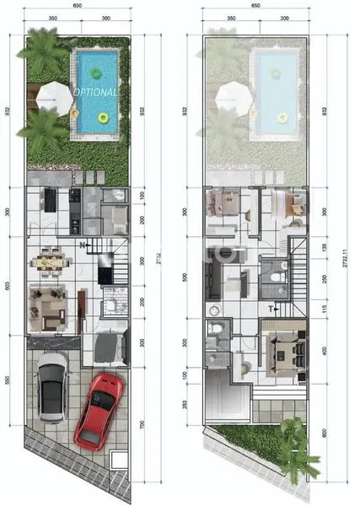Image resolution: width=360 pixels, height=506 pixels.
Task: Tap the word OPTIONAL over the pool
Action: (95, 90)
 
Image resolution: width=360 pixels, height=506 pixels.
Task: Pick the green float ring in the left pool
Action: (104, 119)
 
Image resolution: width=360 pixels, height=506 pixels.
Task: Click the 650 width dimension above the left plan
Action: (77, 5)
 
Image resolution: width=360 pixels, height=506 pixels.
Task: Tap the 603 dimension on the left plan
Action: (8, 285)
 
